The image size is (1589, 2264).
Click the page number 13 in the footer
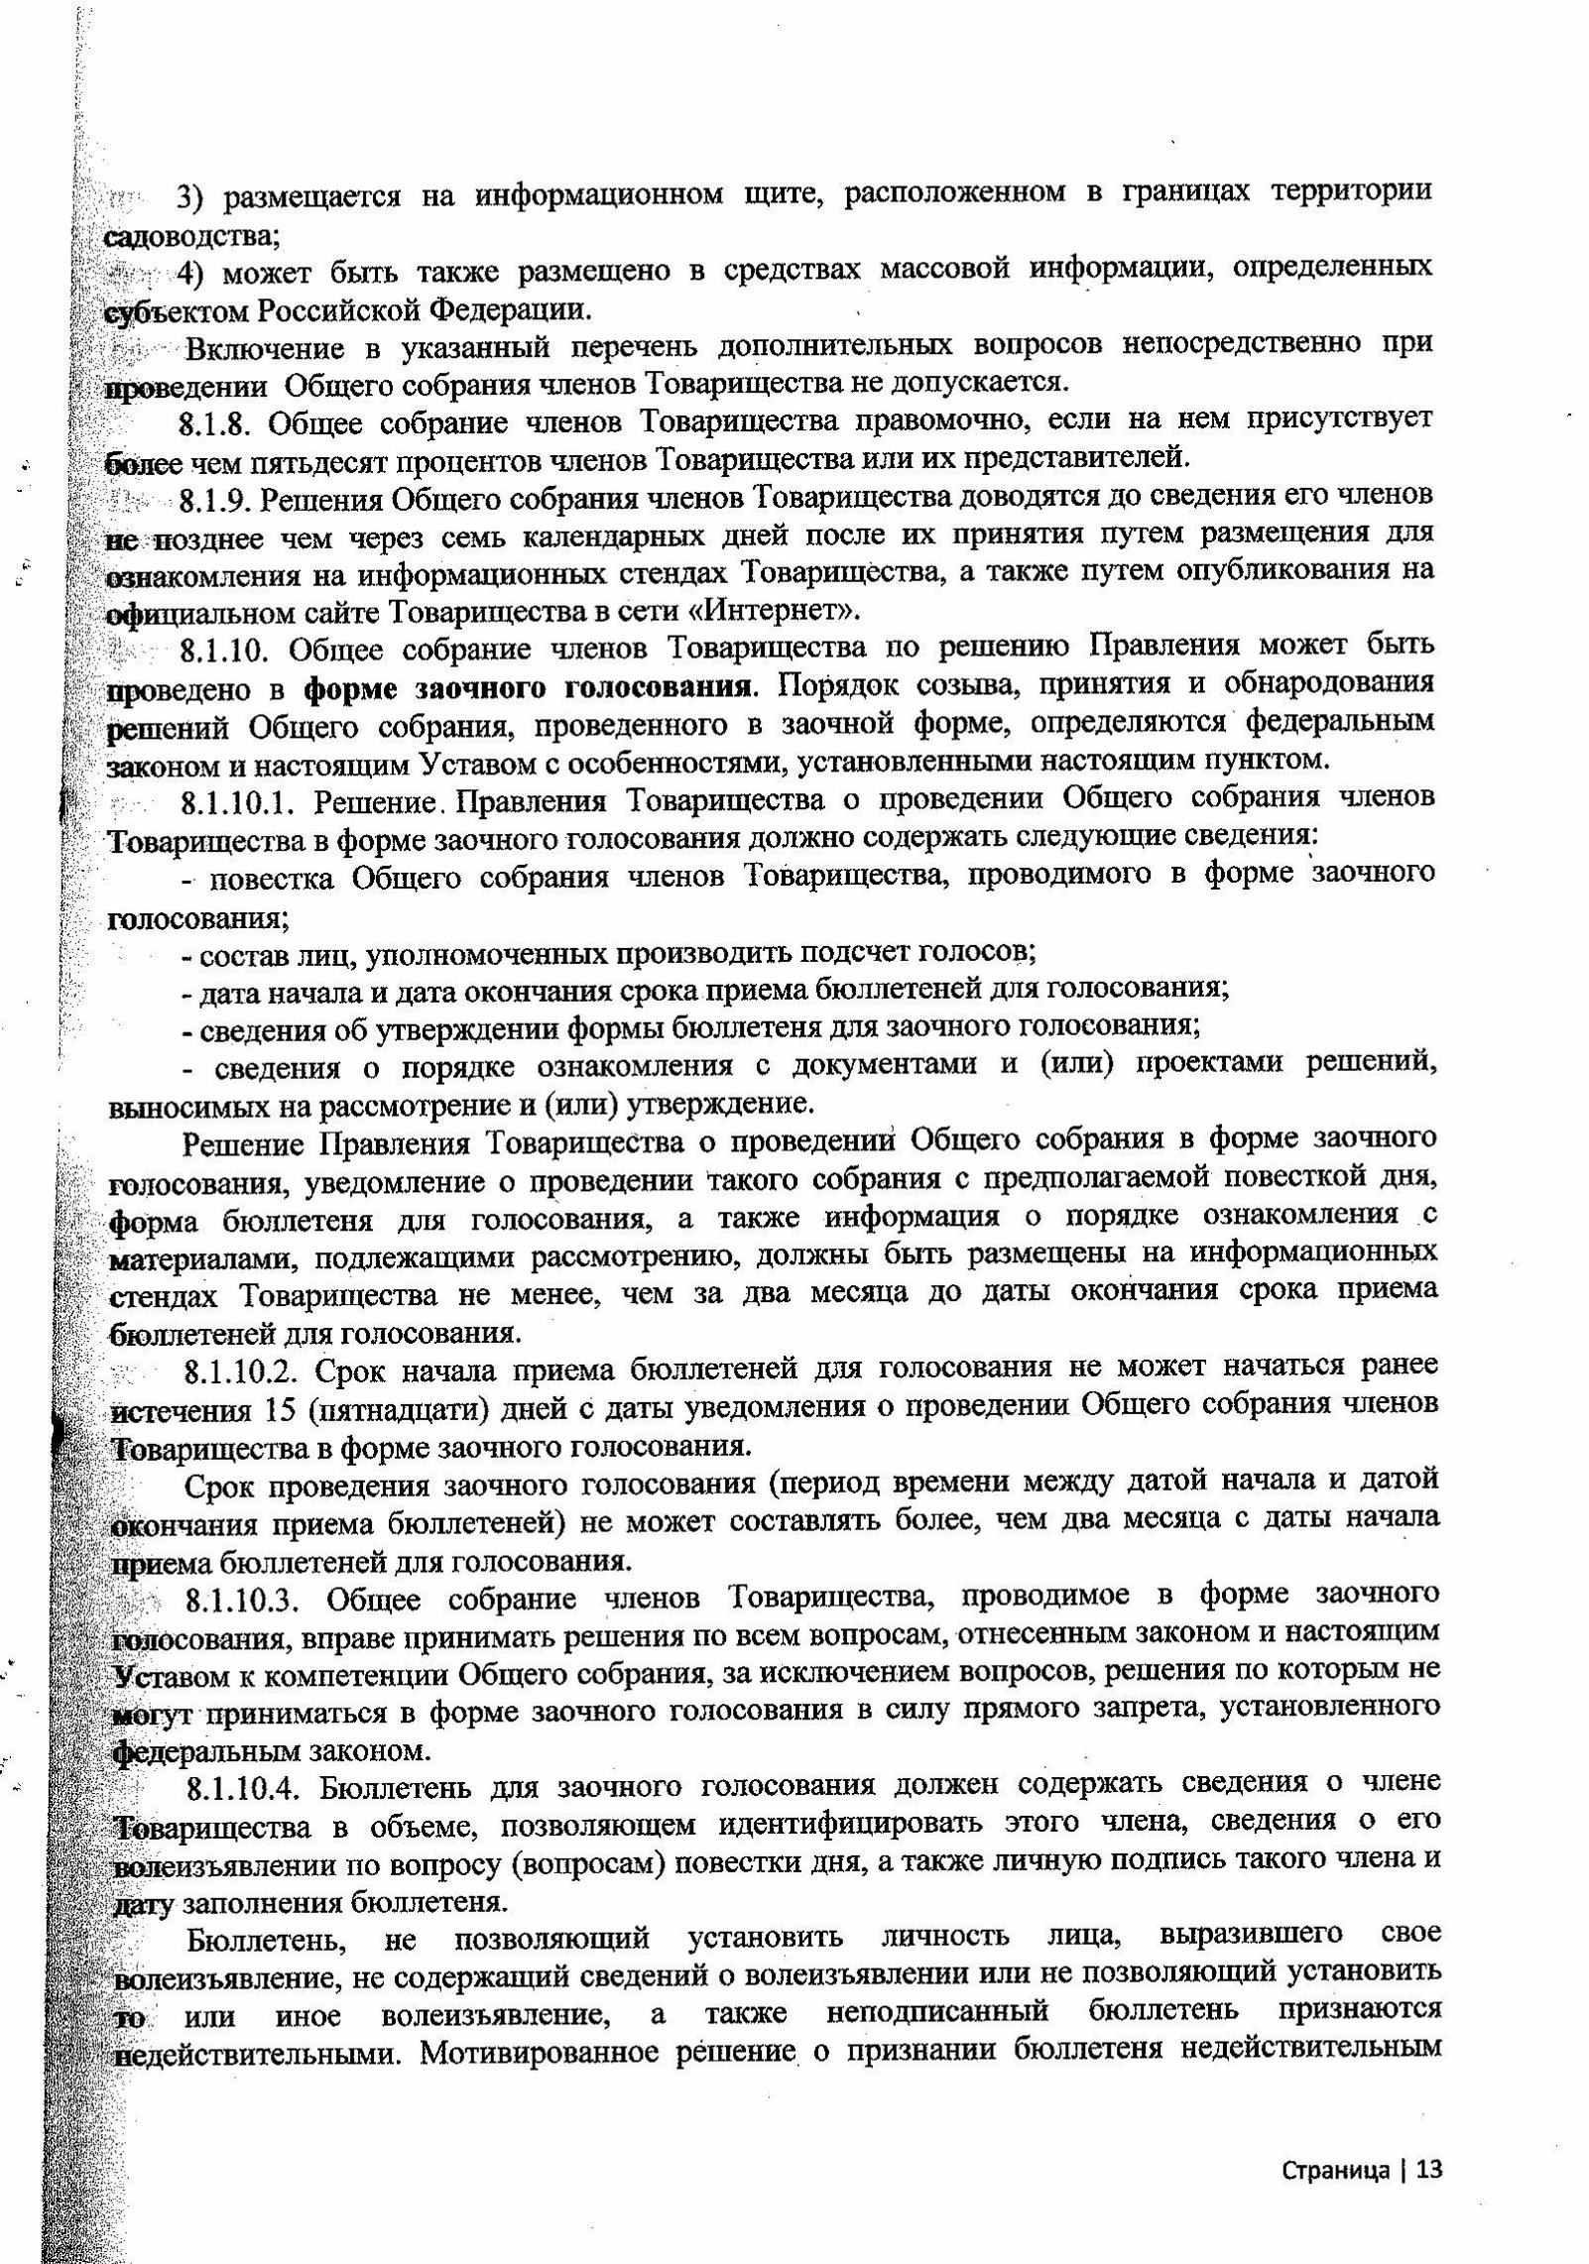[x=1427, y=2170]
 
